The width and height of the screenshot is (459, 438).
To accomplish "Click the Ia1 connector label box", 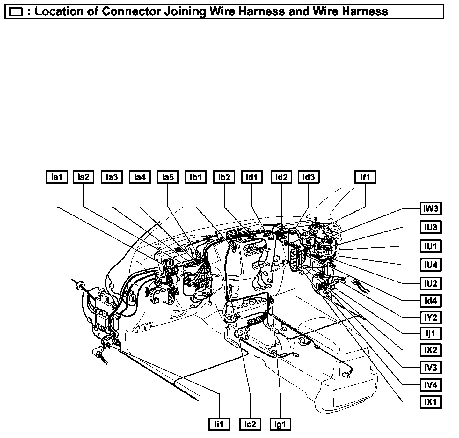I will click(x=56, y=177).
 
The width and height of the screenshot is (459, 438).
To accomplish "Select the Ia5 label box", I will click(x=168, y=177).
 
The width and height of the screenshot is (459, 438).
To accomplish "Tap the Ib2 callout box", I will click(x=224, y=177).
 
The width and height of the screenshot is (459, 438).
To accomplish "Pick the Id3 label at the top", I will click(x=308, y=177).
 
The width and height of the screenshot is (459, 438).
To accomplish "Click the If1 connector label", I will click(x=365, y=177).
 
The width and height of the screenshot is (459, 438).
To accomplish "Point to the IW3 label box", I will click(x=430, y=209).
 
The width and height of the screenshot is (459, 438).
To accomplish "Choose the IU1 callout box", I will click(x=430, y=246).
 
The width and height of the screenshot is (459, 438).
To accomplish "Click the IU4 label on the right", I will click(x=430, y=265).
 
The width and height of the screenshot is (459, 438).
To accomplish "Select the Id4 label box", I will click(x=430, y=301).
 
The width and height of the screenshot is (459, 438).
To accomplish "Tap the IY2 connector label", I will click(x=430, y=318).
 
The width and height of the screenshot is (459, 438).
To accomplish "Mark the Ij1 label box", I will click(x=430, y=334).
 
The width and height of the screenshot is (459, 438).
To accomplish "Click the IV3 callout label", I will click(x=430, y=368).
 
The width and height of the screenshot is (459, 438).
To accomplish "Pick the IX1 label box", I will click(x=430, y=402).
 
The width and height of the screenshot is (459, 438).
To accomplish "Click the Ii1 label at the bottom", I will click(x=219, y=424).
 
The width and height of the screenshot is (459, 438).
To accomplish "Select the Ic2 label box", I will click(x=250, y=424).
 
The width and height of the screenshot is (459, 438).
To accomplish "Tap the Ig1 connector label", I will click(x=280, y=424).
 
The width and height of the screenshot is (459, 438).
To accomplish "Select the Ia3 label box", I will click(x=112, y=177).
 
